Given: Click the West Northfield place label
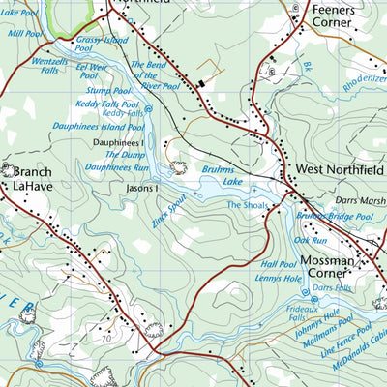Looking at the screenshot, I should [x=335, y=169].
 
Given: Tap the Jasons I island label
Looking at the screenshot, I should [x=141, y=188].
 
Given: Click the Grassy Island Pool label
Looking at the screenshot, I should [x=101, y=45].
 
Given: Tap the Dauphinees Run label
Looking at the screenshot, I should [x=120, y=166].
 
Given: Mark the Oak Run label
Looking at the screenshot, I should [x=311, y=239].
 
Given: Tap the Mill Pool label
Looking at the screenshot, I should [x=25, y=33].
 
